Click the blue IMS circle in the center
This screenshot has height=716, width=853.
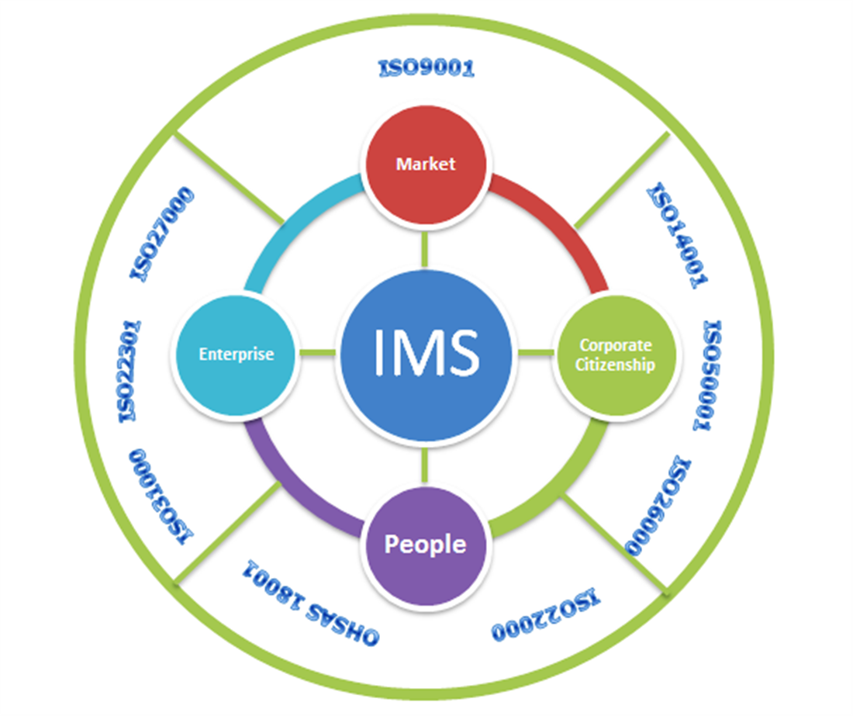426,353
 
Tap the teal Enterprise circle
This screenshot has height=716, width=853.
236,354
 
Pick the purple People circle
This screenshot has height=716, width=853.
426,544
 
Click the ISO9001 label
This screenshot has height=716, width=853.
426,69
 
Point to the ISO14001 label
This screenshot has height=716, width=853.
678,236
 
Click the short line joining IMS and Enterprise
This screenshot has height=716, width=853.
317,354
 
